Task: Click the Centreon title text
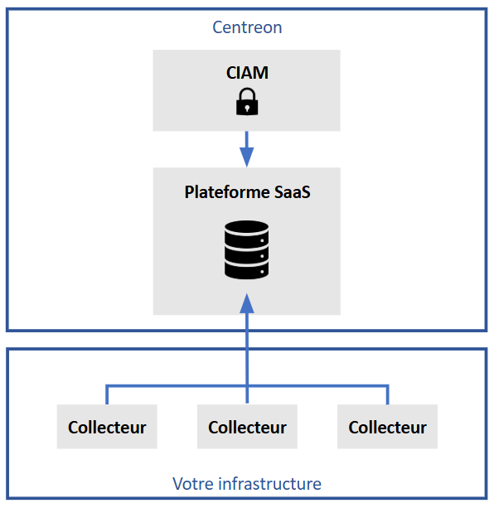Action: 247,27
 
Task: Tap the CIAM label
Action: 247,73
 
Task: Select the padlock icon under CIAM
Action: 247,101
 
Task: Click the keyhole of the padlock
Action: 247,108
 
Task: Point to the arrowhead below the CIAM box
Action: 247,157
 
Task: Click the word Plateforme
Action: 227,191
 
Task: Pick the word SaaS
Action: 293,191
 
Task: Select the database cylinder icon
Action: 246,249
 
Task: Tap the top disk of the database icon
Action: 246,227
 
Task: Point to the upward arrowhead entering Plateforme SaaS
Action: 247,303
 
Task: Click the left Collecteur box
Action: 107,426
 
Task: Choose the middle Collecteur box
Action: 247,426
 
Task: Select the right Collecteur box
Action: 387,426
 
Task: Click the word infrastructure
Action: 270,484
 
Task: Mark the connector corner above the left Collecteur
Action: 107,386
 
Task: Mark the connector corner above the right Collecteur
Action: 387,386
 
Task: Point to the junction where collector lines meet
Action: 247,386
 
